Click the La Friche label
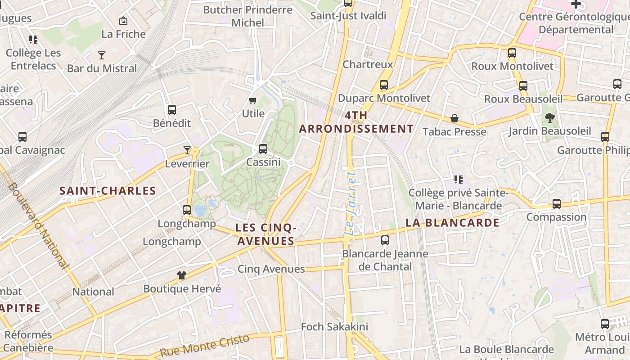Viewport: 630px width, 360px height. pyautogui.click(x=123, y=34)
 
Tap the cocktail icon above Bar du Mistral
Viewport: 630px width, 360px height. pyautogui.click(x=102, y=55)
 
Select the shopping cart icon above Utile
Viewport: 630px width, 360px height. pyautogui.click(x=253, y=101)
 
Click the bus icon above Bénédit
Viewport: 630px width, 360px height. pyautogui.click(x=171, y=109)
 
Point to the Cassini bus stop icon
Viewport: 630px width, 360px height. pyautogui.click(x=263, y=148)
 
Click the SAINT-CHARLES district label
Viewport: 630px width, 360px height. pyautogui.click(x=108, y=191)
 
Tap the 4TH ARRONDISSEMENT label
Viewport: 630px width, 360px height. pyautogui.click(x=356, y=122)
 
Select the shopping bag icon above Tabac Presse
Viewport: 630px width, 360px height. pyautogui.click(x=454, y=118)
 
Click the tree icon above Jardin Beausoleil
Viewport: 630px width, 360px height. pyautogui.click(x=549, y=118)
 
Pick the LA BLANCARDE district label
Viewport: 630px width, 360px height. pyautogui.click(x=452, y=223)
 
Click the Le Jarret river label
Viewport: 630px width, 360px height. pyautogui.click(x=351, y=202)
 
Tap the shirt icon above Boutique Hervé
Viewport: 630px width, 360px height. pyautogui.click(x=182, y=275)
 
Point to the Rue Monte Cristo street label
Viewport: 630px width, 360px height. pyautogui.click(x=204, y=346)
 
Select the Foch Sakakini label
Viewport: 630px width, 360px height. pyautogui.click(x=334, y=327)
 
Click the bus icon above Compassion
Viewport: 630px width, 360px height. pyautogui.click(x=557, y=203)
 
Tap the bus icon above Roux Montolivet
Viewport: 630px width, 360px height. pyautogui.click(x=512, y=53)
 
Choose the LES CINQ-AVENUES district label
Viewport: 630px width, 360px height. pyautogui.click(x=265, y=234)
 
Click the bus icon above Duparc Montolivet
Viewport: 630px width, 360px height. pyautogui.click(x=384, y=85)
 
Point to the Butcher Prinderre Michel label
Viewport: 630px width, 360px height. pyautogui.click(x=247, y=16)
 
